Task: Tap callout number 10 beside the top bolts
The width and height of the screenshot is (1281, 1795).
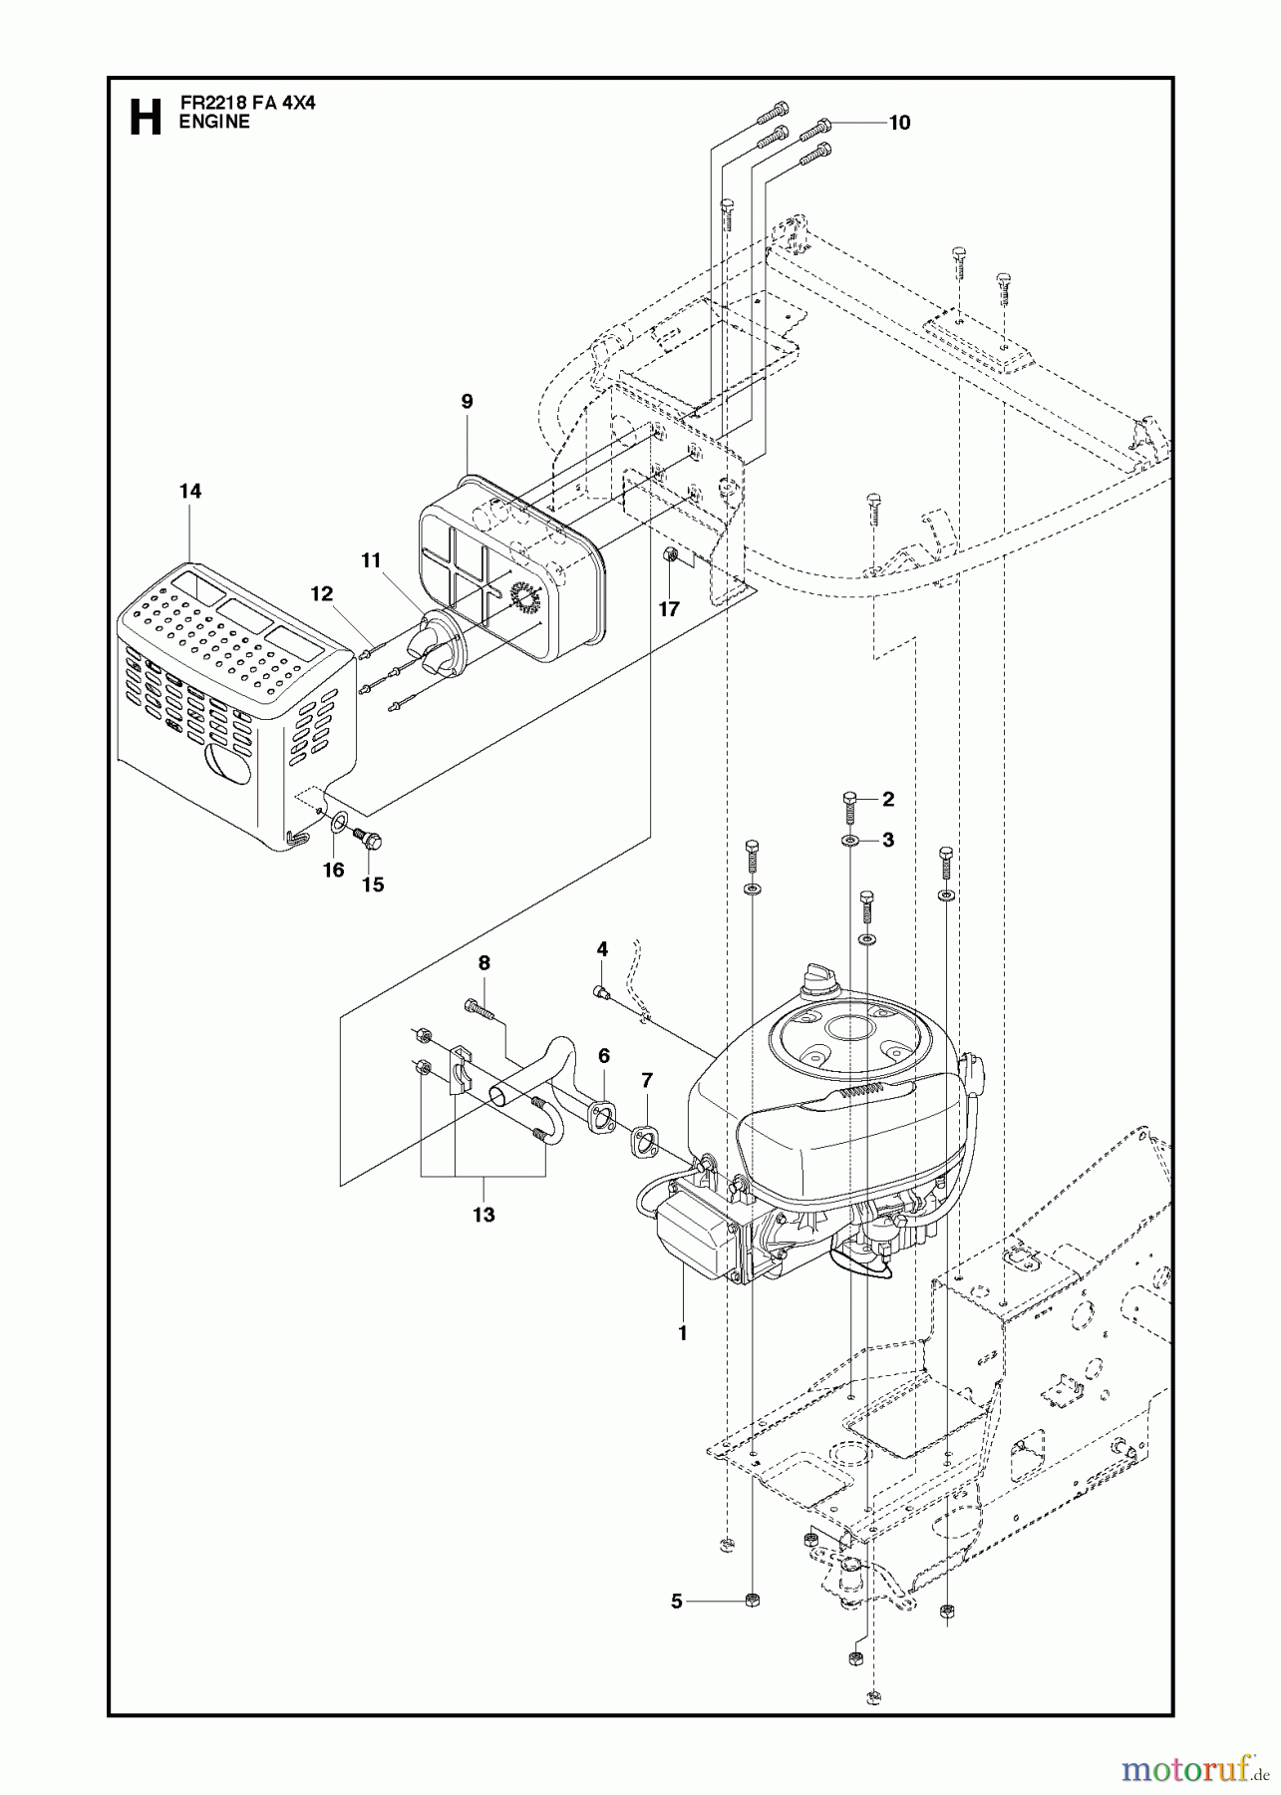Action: [x=899, y=123]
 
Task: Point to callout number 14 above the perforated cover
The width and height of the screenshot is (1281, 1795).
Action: [x=189, y=491]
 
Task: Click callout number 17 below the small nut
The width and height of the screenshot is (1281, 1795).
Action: [x=668, y=608]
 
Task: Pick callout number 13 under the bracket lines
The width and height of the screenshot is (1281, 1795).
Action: [x=483, y=1215]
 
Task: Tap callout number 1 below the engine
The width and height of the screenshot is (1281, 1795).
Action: [x=682, y=1331]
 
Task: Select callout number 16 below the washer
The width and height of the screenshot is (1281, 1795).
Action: [x=333, y=870]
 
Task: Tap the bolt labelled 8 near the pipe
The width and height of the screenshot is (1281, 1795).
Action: [x=480, y=1009]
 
